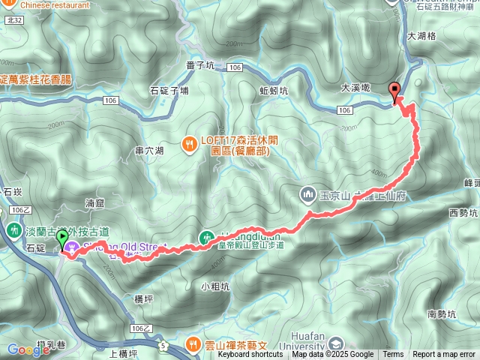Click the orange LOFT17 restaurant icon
click(x=190, y=140)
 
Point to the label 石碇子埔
click(x=169, y=91)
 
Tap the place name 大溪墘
click(x=355, y=87)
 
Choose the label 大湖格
click(x=421, y=35)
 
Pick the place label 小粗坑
click(x=215, y=286)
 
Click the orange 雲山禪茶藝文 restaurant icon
click(x=194, y=344)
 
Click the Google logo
click(x=28, y=349)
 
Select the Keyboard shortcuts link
click(x=250, y=355)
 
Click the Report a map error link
click(x=444, y=355)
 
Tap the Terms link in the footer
click(x=393, y=355)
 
